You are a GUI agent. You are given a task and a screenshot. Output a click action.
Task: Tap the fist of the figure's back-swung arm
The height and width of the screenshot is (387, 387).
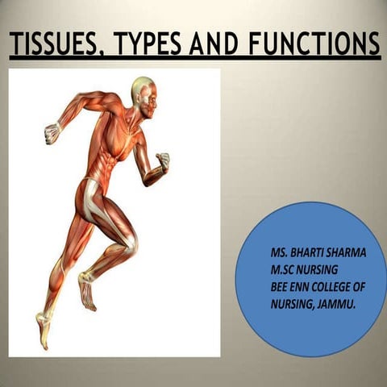coord(52,132)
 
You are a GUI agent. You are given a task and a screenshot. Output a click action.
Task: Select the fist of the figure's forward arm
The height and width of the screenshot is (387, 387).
coord(164,160)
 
